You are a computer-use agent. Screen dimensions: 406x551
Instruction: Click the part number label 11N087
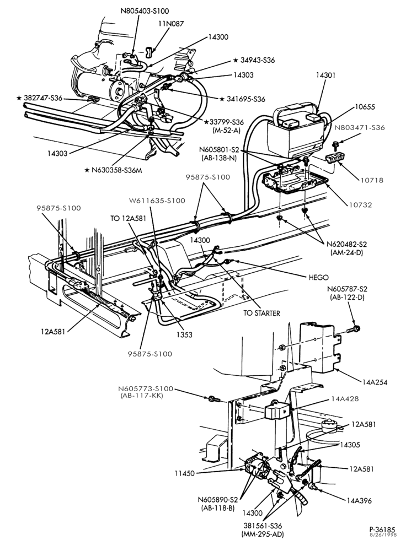(x=171, y=24)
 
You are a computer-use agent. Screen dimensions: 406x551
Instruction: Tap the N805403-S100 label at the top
(x=145, y=11)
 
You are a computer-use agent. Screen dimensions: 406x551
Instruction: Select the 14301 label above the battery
(x=325, y=75)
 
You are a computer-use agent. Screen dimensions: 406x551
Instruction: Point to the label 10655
(x=365, y=107)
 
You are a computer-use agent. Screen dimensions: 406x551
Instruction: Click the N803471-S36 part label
(x=360, y=128)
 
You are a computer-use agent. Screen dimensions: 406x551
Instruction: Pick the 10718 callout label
(x=371, y=180)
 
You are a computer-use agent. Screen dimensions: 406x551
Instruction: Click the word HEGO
(x=318, y=277)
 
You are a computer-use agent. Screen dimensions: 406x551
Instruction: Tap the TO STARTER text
(x=262, y=313)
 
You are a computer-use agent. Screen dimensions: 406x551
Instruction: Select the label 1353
(x=185, y=334)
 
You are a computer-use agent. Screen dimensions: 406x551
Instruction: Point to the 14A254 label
(x=375, y=382)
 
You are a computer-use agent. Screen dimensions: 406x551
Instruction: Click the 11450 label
(x=184, y=473)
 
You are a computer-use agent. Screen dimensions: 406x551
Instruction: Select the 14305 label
(x=350, y=445)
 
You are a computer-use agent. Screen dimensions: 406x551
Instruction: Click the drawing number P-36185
(x=382, y=530)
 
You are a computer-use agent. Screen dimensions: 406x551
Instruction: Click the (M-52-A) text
(x=227, y=129)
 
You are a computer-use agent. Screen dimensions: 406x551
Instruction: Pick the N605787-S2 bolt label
(x=347, y=289)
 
